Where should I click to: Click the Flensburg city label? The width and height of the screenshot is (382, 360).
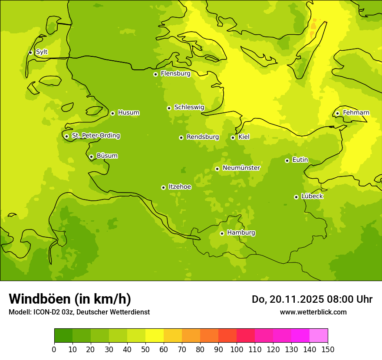(175, 74)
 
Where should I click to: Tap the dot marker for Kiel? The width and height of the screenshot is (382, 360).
(233, 137)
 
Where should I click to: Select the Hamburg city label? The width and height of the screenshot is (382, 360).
(241, 233)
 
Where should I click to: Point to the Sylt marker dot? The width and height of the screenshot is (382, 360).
(30, 52)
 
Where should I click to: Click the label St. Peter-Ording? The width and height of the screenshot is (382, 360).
(96, 136)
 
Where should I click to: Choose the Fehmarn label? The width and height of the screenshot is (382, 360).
(356, 113)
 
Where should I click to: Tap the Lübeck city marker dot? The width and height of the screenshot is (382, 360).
(296, 197)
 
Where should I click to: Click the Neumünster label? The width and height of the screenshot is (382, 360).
(241, 168)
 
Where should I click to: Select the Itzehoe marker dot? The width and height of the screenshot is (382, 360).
(163, 187)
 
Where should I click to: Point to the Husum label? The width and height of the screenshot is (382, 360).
(128, 113)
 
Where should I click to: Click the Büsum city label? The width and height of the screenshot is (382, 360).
(107, 156)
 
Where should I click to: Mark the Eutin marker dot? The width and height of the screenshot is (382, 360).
(287, 160)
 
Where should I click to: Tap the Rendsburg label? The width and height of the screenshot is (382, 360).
(203, 137)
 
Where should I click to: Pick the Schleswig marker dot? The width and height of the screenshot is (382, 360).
(169, 108)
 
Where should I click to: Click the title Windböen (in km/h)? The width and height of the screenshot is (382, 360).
(70, 299)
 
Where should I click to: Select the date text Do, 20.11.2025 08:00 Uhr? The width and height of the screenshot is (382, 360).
(312, 299)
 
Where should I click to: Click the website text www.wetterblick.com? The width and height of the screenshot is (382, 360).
(313, 312)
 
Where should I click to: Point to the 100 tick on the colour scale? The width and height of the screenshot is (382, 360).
(237, 349)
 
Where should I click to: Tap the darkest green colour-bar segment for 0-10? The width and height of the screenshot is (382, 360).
(63, 336)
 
